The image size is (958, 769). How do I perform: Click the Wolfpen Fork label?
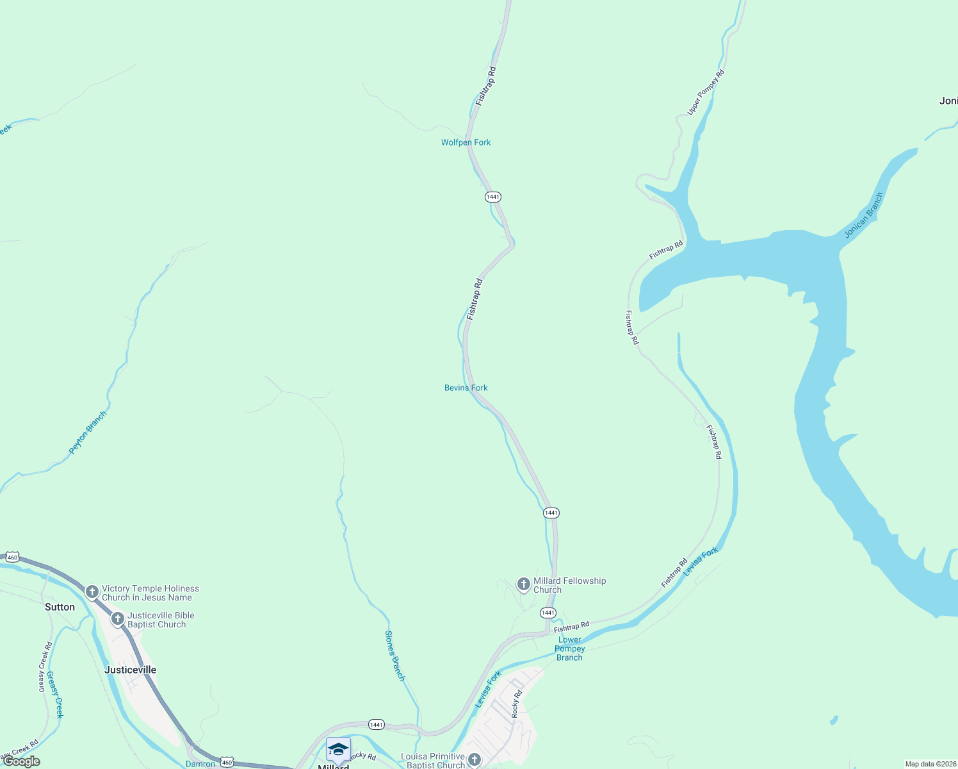(466, 142)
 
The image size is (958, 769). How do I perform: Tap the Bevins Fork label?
(466, 388)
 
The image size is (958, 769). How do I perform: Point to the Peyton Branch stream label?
(88, 433)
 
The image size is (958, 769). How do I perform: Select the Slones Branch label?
(394, 656)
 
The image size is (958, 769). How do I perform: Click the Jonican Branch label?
(864, 215)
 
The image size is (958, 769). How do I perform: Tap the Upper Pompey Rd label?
(706, 92)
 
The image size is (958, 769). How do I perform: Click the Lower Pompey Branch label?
(569, 649)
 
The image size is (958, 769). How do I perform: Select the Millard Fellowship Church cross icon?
(523, 584)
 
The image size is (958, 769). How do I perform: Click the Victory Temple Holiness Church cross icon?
(92, 591)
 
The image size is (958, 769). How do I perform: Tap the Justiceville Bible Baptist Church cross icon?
(117, 619)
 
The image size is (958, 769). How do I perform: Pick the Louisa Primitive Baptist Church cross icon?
(474, 760)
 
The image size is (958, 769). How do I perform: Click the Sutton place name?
(60, 607)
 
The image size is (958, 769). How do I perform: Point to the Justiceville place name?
(130, 670)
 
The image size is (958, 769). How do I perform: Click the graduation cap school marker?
(338, 749)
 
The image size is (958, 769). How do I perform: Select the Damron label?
(200, 764)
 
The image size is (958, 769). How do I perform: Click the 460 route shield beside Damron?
(227, 762)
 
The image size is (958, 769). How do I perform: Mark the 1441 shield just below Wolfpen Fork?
(492, 197)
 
